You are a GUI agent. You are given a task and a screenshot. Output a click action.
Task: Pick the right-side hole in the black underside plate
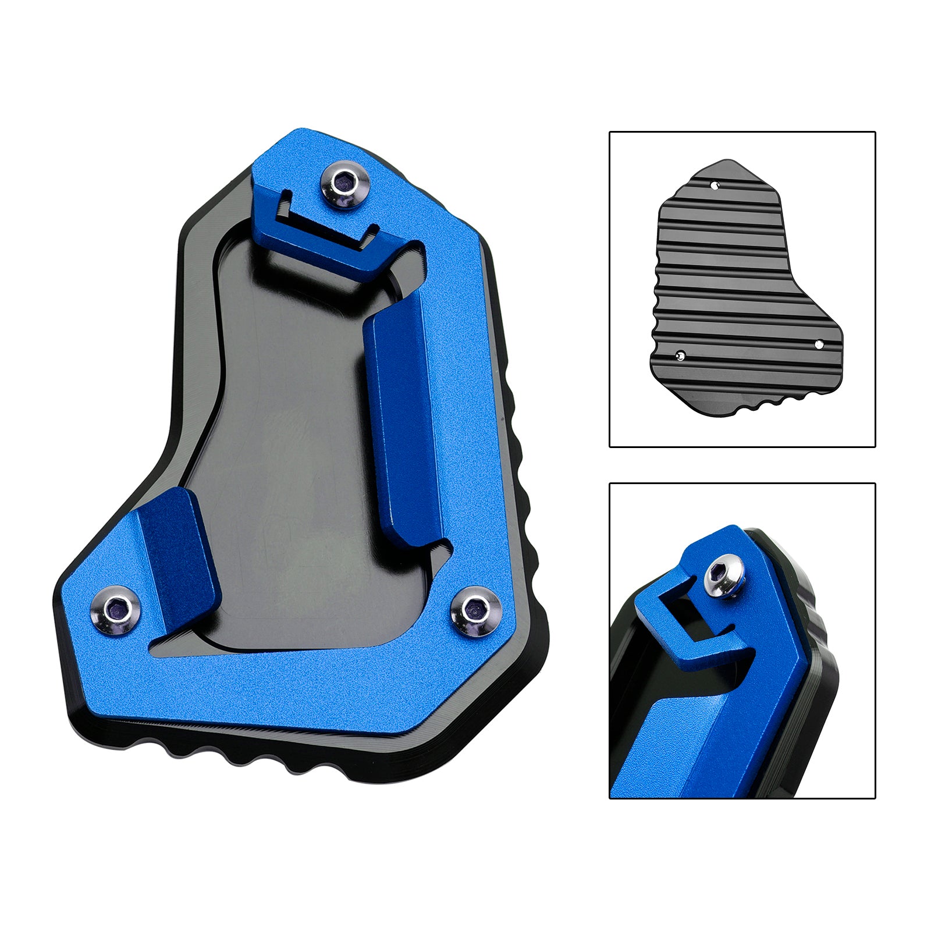(x=819, y=344)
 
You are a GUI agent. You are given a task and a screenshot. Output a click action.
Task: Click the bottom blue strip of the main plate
(x=291, y=692)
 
